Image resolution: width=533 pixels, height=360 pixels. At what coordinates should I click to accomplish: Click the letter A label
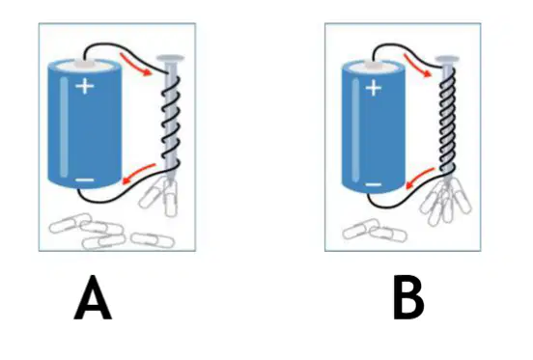click(x=93, y=298)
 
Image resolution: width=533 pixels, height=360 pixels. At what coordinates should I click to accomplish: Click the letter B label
click(x=408, y=298)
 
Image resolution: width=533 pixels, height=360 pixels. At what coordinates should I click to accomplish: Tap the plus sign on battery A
click(x=85, y=86)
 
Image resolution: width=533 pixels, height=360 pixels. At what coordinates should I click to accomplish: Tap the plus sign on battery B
click(x=374, y=88)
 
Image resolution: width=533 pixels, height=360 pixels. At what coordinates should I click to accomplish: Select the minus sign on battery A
click(x=84, y=180)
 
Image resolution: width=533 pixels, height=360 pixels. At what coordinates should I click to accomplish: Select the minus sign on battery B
click(x=374, y=184)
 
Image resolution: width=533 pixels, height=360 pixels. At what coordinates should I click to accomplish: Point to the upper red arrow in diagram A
click(x=135, y=65)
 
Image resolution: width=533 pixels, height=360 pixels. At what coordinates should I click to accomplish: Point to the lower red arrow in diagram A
click(x=138, y=174)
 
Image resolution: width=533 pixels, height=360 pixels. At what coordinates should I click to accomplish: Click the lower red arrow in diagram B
click(x=420, y=179)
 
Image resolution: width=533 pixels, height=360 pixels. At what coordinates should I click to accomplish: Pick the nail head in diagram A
click(x=170, y=59)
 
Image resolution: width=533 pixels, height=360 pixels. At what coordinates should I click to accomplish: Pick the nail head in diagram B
click(x=447, y=60)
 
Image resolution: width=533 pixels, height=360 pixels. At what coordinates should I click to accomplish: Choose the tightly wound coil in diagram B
click(x=447, y=123)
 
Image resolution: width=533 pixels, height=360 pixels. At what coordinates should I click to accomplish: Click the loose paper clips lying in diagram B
click(x=375, y=231)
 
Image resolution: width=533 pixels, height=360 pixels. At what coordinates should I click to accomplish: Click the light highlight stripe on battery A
click(x=64, y=127)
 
